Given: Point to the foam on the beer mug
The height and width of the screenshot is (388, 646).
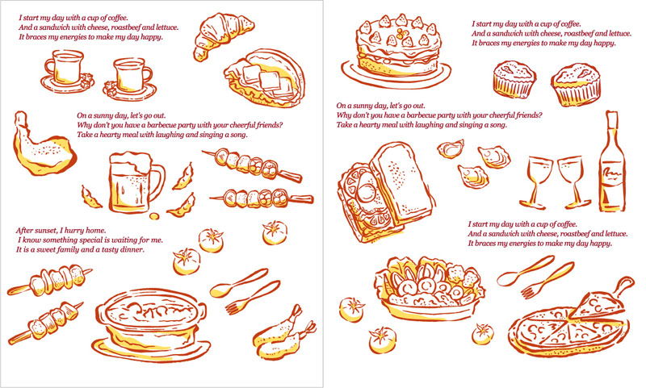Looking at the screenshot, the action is pyautogui.click(x=130, y=161).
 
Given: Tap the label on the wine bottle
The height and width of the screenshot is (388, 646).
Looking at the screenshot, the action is pyautogui.click(x=611, y=180).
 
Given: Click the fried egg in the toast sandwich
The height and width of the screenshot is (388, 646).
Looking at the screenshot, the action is pyautogui.click(x=366, y=191).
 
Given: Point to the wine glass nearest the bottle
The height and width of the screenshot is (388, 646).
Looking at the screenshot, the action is pyautogui.click(x=574, y=181).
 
